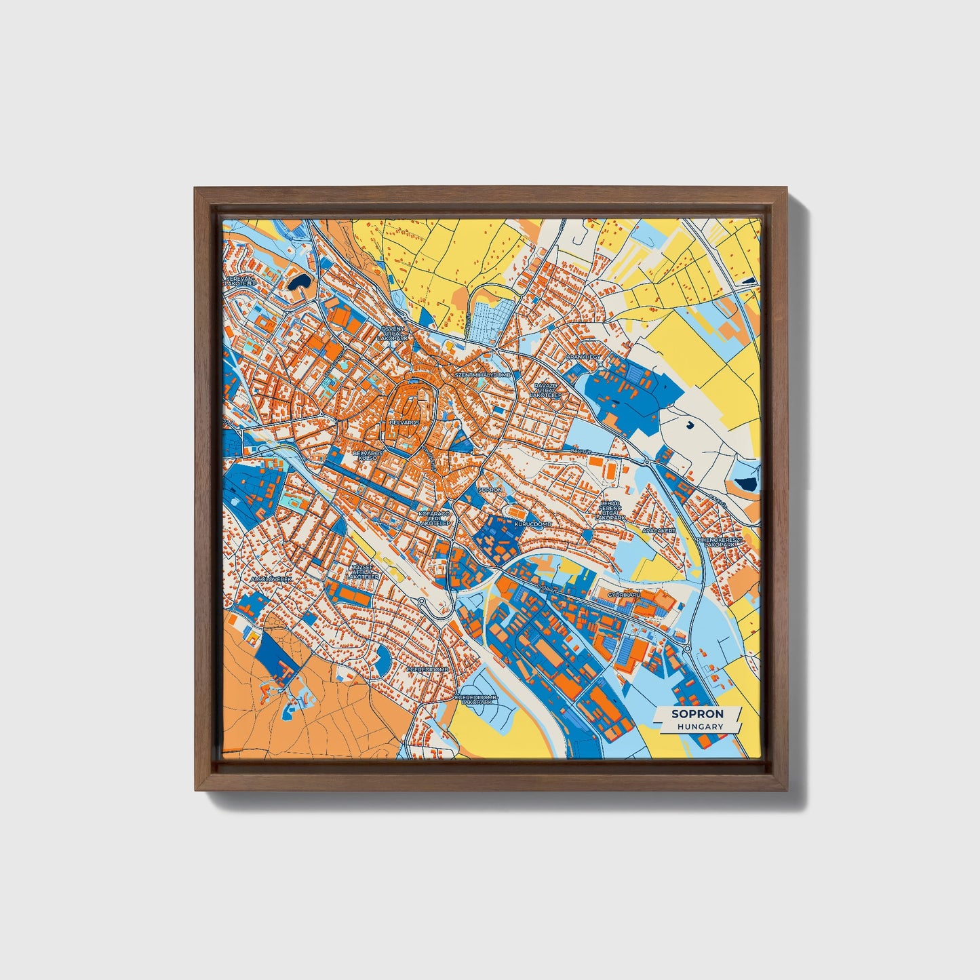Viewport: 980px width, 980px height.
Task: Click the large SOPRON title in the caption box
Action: (x=697, y=713)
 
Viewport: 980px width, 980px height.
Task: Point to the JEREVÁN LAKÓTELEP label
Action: (x=242, y=280)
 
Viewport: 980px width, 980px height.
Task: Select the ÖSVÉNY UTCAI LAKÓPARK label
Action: (x=395, y=332)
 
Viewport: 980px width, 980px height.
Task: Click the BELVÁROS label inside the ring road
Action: (x=406, y=421)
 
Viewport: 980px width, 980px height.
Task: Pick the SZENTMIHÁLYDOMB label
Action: (x=482, y=374)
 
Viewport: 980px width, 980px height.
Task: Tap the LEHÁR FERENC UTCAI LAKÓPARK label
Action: (x=610, y=510)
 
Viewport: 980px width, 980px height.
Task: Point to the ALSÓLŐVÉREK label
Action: (x=271, y=579)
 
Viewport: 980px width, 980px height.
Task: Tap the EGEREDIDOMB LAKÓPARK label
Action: (x=476, y=699)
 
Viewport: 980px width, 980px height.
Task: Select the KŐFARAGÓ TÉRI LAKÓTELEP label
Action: (x=434, y=519)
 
